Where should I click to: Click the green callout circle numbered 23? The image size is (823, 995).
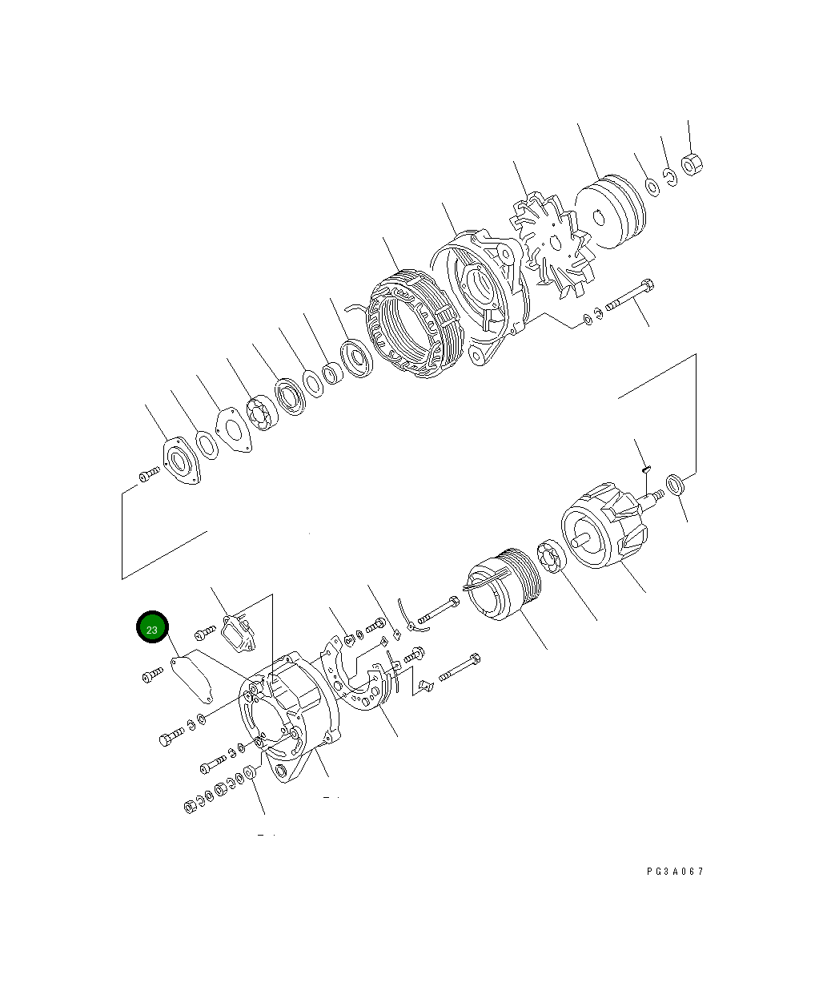(152, 627)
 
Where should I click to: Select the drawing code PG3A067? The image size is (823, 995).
(675, 872)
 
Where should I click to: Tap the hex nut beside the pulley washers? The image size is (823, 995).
(692, 164)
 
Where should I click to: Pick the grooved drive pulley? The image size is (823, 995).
(610, 211)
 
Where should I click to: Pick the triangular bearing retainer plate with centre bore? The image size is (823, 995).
(182, 462)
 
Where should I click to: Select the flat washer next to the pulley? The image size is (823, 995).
(652, 187)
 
